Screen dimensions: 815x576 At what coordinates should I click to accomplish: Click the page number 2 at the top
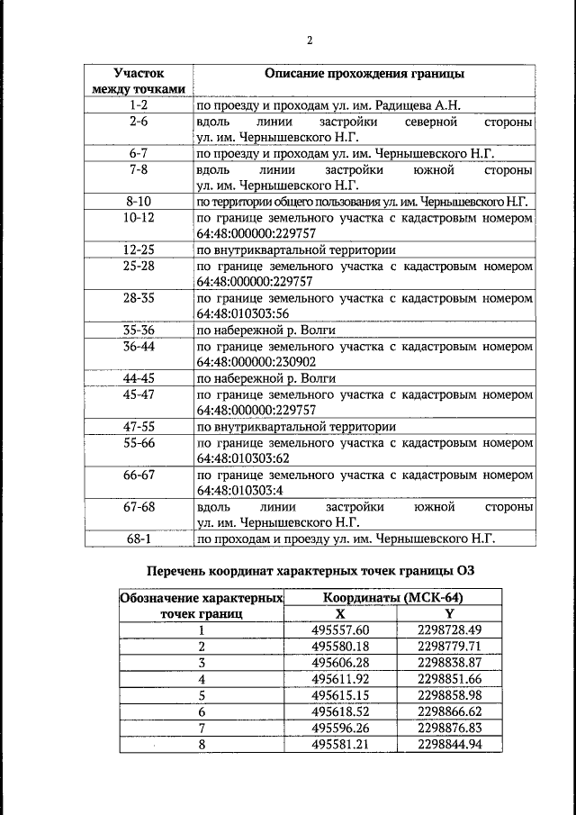309,41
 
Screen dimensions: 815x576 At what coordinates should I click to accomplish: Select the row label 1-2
138,105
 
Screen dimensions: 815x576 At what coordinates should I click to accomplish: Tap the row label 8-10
138,201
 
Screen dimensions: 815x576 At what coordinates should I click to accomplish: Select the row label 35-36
138,330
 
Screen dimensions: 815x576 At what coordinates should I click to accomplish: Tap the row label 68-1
138,539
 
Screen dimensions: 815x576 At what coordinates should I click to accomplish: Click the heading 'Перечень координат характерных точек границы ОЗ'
310,571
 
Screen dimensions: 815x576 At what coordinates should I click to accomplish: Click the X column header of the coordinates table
339,614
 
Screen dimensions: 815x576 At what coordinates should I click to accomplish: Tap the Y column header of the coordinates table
450,614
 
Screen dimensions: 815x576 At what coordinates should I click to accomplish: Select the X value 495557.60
340,630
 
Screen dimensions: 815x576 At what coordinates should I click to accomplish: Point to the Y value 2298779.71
450,647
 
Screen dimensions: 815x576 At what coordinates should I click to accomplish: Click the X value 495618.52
340,711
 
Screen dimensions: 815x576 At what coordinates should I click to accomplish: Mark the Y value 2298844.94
450,744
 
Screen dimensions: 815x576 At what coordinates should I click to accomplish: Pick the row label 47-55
138,426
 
